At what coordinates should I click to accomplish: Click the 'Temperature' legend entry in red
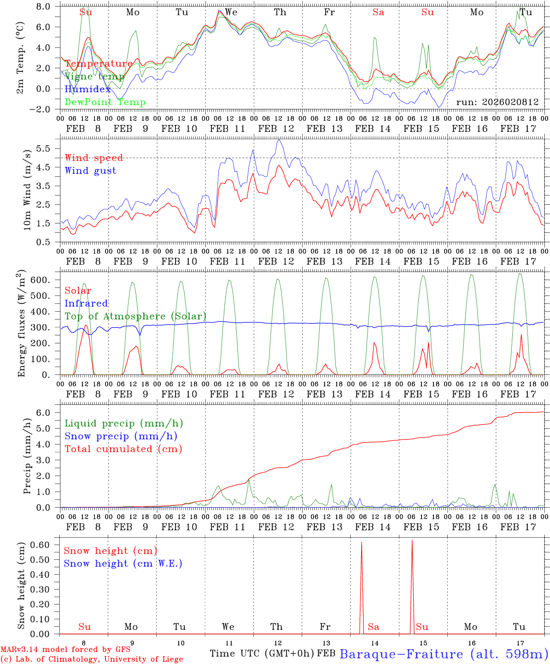(99, 64)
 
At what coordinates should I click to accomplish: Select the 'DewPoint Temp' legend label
(105, 102)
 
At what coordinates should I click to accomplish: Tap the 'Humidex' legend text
(88, 89)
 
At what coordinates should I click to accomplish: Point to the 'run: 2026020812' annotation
(497, 102)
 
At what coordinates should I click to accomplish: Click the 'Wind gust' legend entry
(90, 171)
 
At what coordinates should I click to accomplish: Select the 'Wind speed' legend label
(94, 158)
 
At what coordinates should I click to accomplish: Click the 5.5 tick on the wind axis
(45, 148)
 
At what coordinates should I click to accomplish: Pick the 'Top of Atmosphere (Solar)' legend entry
(135, 316)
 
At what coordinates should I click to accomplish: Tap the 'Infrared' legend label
(86, 303)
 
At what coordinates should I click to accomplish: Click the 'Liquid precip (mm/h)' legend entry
(123, 423)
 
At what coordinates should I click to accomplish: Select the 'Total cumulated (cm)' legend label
(123, 449)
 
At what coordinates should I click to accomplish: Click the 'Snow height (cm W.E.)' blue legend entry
(123, 563)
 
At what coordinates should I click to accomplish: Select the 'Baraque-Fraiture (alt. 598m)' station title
(444, 654)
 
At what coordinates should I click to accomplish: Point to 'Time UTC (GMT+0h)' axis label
(262, 653)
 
